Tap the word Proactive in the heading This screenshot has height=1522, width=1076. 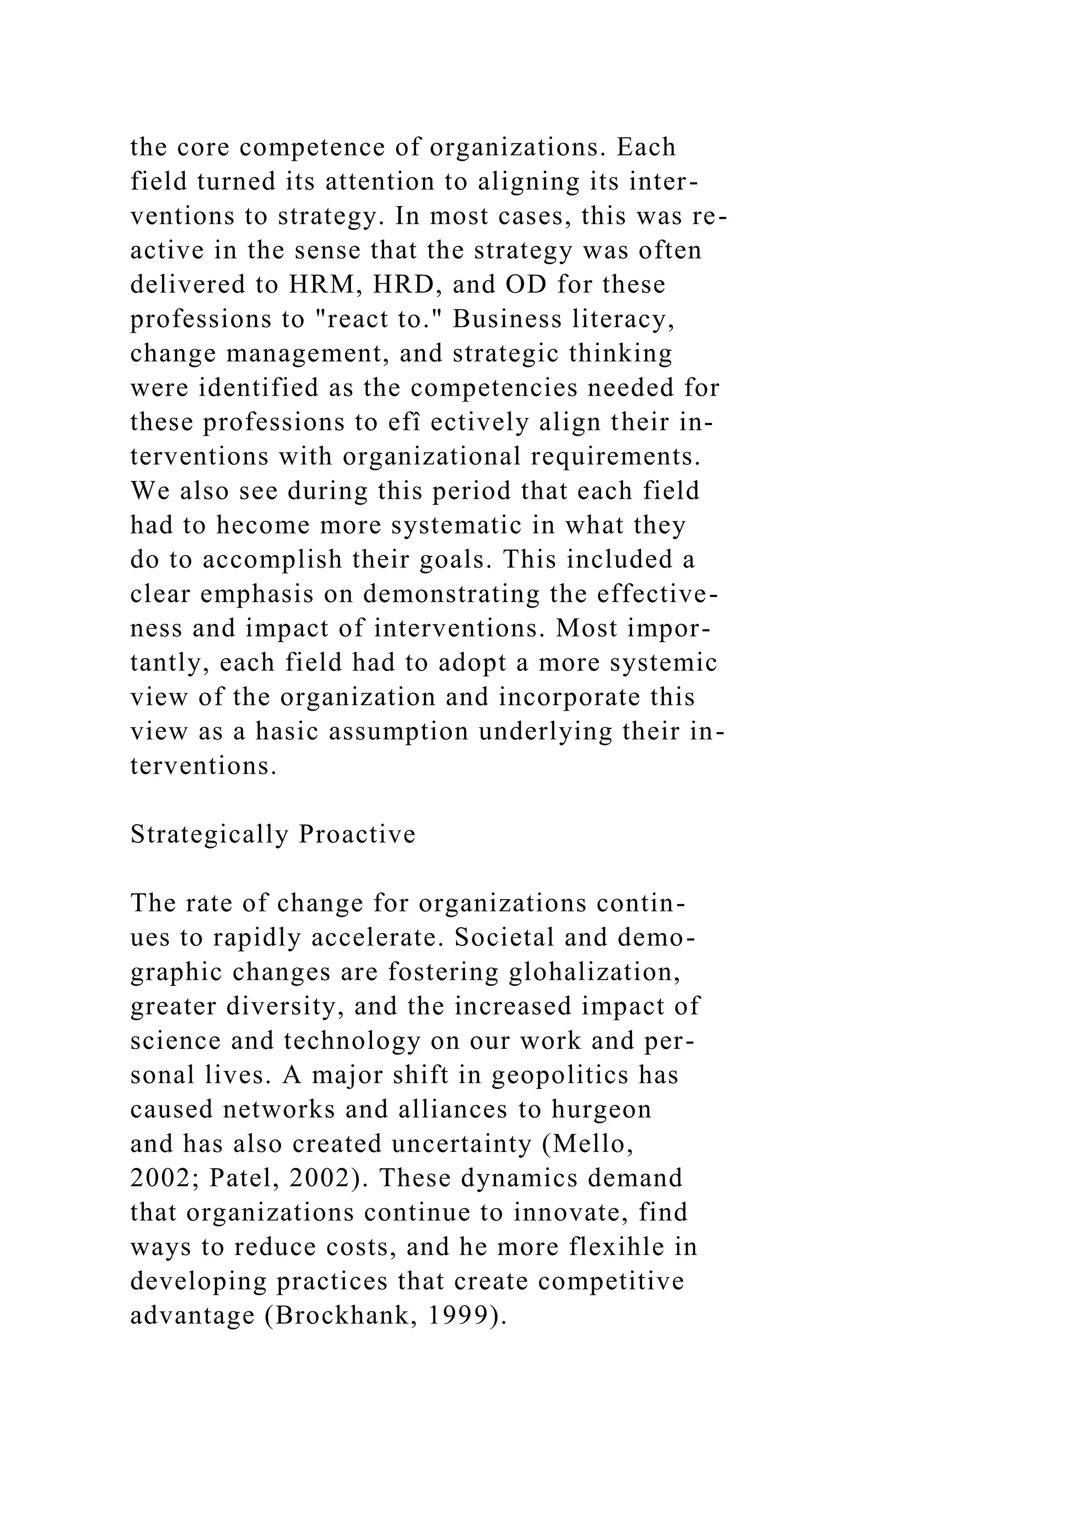pos(357,835)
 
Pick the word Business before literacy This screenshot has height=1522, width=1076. pos(508,319)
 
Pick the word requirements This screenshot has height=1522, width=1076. pos(616,457)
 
